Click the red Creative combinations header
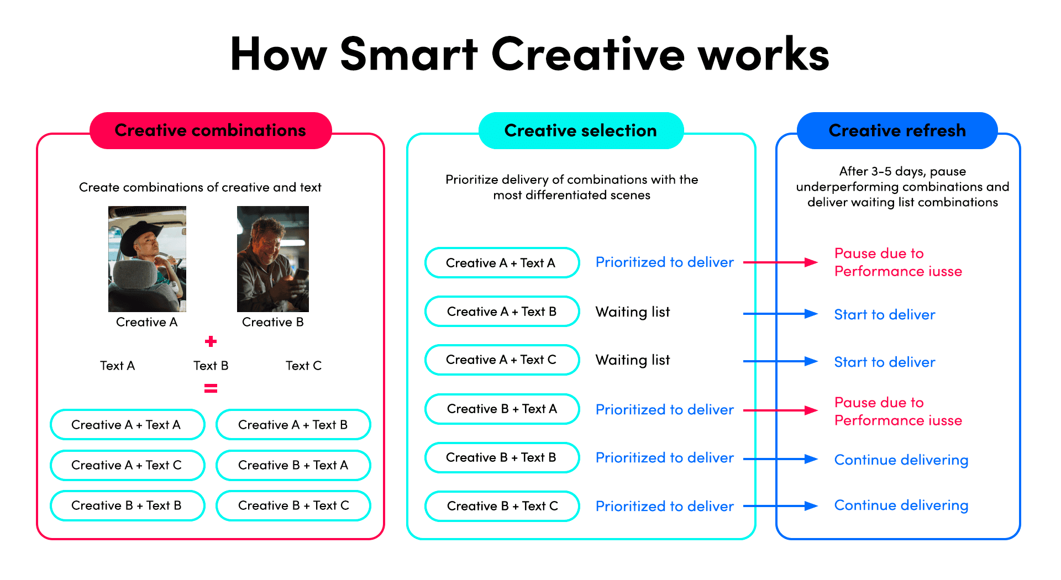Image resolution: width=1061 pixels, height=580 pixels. tap(211, 130)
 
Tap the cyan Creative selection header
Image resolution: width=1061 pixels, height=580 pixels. tap(580, 130)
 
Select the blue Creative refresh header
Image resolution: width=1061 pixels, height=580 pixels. tap(897, 130)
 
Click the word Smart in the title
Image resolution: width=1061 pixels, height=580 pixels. tap(408, 54)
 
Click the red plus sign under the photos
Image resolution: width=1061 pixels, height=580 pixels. tap(211, 341)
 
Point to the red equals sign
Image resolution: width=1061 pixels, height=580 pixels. tap(211, 389)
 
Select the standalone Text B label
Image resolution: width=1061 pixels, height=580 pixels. tap(211, 366)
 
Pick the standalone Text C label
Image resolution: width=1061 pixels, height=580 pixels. tap(303, 366)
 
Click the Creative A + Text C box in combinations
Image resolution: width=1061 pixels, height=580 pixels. tap(127, 465)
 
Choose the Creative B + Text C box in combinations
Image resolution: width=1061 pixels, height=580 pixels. tap(293, 505)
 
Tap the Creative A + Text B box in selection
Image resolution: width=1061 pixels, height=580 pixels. tap(502, 312)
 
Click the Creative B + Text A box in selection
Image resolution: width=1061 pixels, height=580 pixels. tap(502, 409)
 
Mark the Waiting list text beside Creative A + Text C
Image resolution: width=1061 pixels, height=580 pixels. tap(632, 360)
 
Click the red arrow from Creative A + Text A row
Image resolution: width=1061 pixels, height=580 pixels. tap(780, 262)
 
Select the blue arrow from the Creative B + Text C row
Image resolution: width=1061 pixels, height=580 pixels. tap(780, 506)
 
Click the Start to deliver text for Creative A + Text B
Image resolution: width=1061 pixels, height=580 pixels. tap(884, 315)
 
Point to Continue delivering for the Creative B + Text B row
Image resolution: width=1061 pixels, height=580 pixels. tap(901, 460)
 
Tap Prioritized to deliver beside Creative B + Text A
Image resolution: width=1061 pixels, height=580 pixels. tap(664, 410)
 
